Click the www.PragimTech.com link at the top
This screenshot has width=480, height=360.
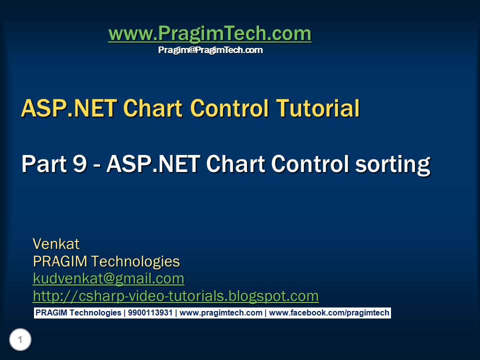[x=209, y=33]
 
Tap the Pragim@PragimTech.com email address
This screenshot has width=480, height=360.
[x=210, y=50]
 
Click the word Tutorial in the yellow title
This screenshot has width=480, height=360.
[x=318, y=108]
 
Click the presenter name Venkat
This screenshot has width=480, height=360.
[x=56, y=244]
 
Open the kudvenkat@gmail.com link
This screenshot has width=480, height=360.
[x=108, y=278]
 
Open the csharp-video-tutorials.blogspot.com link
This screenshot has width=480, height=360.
[x=175, y=295]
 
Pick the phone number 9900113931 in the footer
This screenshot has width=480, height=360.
[x=150, y=313]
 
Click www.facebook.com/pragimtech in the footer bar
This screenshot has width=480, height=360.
[x=329, y=313]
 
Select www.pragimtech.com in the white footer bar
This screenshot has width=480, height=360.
[x=220, y=313]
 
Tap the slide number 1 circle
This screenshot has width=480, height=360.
[x=20, y=340]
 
